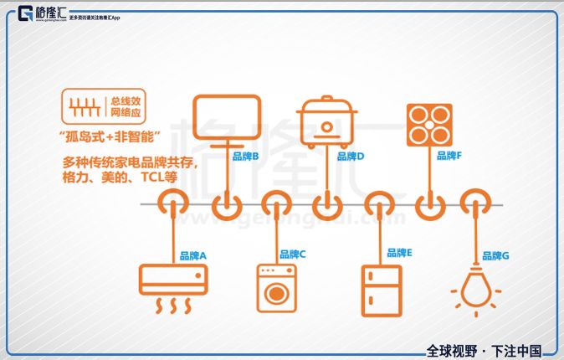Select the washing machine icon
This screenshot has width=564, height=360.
[x=275, y=288]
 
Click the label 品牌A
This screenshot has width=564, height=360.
[x=192, y=255]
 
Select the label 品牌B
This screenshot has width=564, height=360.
[x=244, y=156]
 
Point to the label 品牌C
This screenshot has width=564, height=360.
[x=293, y=254]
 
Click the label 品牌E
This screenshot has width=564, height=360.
[x=399, y=252]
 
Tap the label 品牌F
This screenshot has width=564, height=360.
[x=449, y=156]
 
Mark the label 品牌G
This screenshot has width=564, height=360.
[x=495, y=255]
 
